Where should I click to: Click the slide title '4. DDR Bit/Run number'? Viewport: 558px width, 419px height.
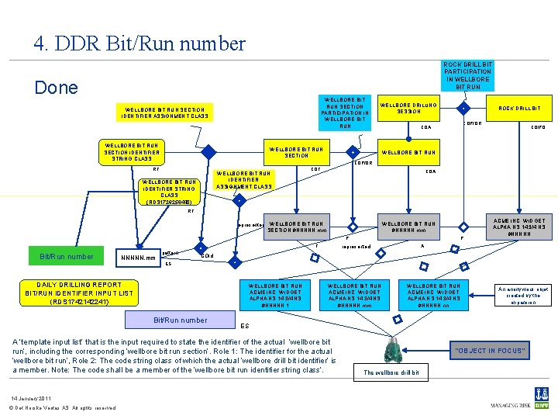[x=139, y=43]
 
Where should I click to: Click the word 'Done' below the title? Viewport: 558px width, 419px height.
[x=56, y=87]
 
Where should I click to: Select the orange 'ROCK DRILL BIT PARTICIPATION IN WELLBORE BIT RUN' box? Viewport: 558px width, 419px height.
[x=467, y=76]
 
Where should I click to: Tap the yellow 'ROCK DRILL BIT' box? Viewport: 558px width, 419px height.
[x=519, y=109]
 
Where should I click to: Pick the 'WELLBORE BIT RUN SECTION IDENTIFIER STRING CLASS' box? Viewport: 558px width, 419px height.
[x=133, y=151]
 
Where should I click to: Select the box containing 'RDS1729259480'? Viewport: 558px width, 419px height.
[x=169, y=191]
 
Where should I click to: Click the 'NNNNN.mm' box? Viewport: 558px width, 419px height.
[x=139, y=257]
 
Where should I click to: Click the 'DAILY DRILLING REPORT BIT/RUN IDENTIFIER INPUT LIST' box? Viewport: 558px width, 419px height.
[x=79, y=293]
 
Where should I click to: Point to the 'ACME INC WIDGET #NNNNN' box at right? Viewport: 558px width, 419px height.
[x=518, y=227]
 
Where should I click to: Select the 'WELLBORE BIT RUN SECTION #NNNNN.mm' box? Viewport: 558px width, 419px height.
[x=298, y=227]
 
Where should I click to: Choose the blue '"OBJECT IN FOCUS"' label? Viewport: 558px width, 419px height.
[x=491, y=351]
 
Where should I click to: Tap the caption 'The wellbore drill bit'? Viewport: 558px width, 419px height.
[x=391, y=373]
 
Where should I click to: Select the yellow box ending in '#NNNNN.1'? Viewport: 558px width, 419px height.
[x=276, y=295]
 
